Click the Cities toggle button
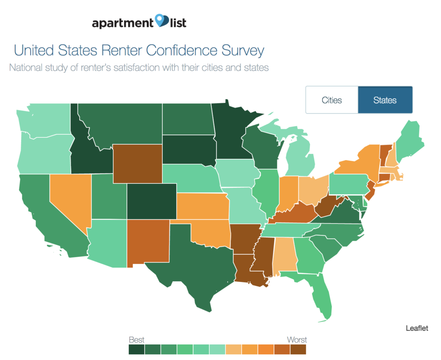(x=332, y=100)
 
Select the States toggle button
(x=385, y=100)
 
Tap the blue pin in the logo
(x=162, y=20)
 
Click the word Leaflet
(x=417, y=328)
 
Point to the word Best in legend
(x=137, y=340)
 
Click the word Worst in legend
(x=297, y=340)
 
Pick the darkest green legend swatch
(x=137, y=349)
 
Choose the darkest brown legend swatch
(x=298, y=349)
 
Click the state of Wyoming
(x=137, y=164)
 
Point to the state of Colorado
(x=152, y=202)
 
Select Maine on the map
(x=409, y=138)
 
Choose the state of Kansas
(x=202, y=206)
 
